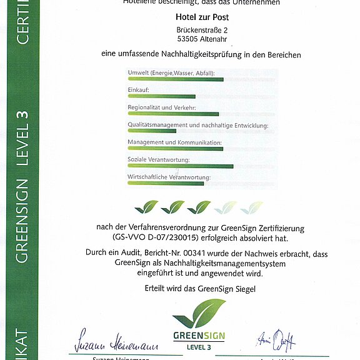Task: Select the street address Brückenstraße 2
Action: click(201, 30)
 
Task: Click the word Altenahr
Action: click(212, 40)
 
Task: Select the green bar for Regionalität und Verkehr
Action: click(173, 114)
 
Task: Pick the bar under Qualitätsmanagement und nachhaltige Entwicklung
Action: click(152, 131)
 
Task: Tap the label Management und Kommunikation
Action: click(174, 142)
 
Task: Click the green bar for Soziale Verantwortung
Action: click(180, 166)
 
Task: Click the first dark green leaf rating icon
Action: click(147, 207)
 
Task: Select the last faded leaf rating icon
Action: click(251, 207)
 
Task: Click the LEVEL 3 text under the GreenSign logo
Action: click(199, 346)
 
